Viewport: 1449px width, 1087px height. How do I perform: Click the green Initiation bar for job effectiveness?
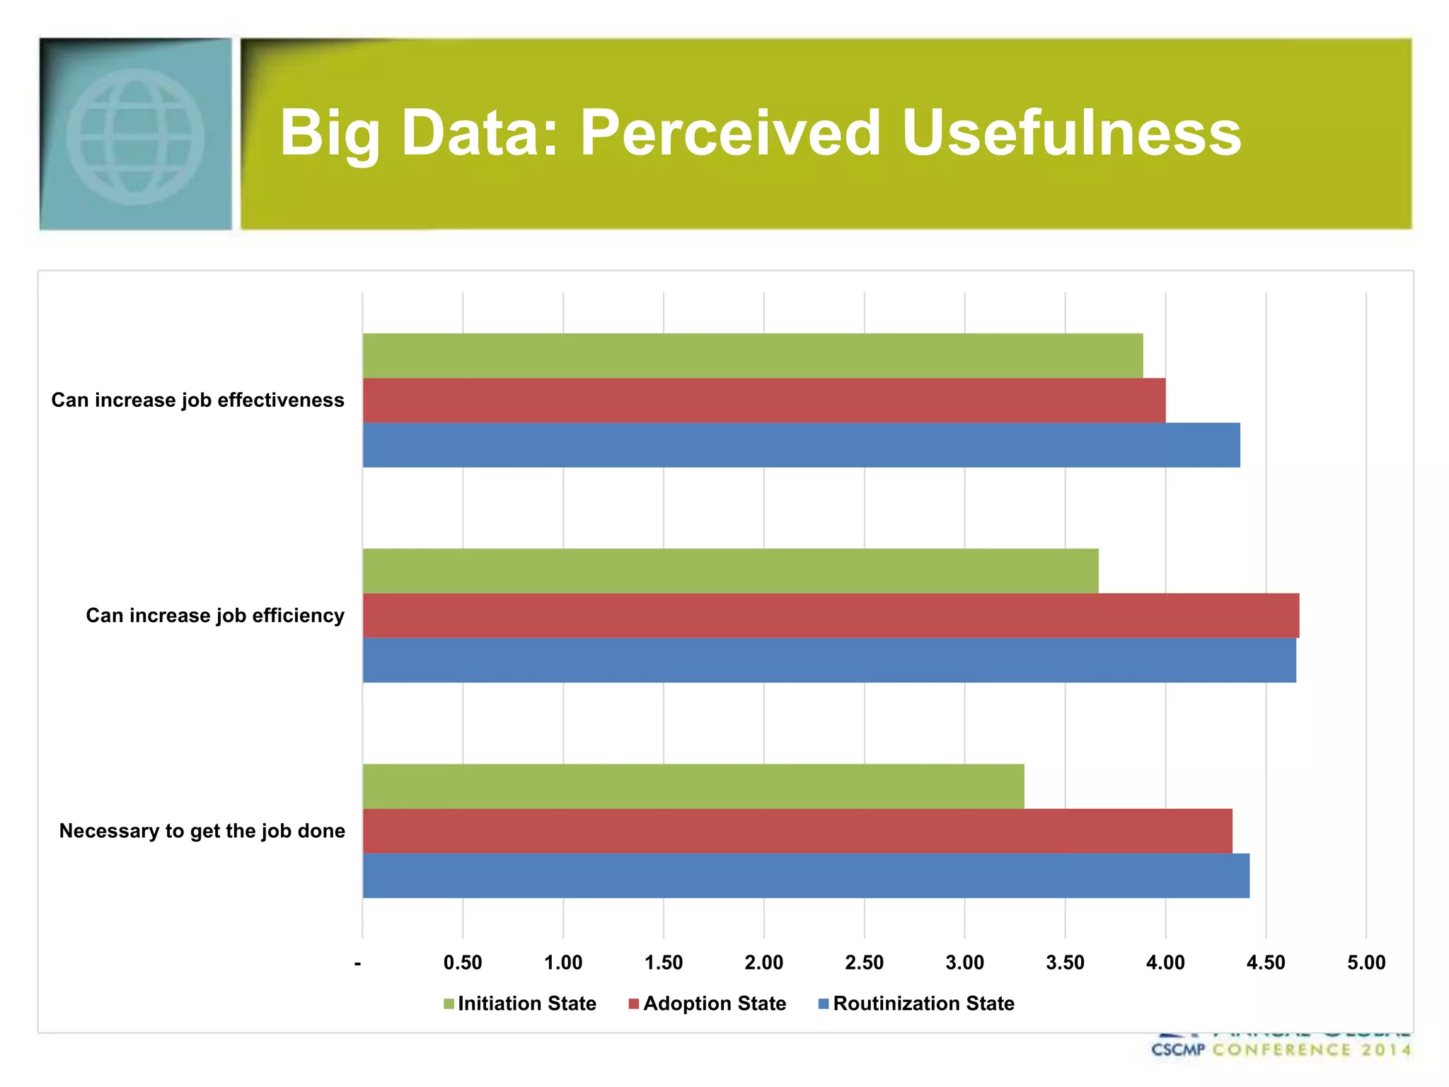[753, 356]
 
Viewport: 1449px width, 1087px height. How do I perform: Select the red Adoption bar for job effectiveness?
[764, 401]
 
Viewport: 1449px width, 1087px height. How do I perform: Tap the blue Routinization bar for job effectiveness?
[801, 445]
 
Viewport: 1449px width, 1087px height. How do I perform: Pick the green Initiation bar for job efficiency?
[730, 571]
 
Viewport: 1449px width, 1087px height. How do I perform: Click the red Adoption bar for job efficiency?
[831, 616]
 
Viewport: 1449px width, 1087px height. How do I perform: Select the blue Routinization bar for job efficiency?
[829, 660]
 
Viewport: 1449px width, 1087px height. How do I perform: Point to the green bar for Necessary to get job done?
[693, 786]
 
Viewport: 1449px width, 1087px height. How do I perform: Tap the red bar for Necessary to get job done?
[797, 831]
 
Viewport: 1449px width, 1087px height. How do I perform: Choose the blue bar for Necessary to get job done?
[806, 875]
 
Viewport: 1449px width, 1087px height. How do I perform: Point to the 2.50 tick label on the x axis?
[864, 962]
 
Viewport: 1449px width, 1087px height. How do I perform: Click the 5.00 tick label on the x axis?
[1366, 962]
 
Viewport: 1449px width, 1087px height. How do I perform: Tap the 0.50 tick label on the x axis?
[463, 962]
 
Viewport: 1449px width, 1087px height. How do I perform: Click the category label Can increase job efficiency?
[215, 616]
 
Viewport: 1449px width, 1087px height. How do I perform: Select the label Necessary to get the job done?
[202, 831]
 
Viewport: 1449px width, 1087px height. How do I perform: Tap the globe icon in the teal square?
[135, 136]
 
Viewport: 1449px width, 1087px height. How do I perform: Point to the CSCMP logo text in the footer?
[1178, 1049]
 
